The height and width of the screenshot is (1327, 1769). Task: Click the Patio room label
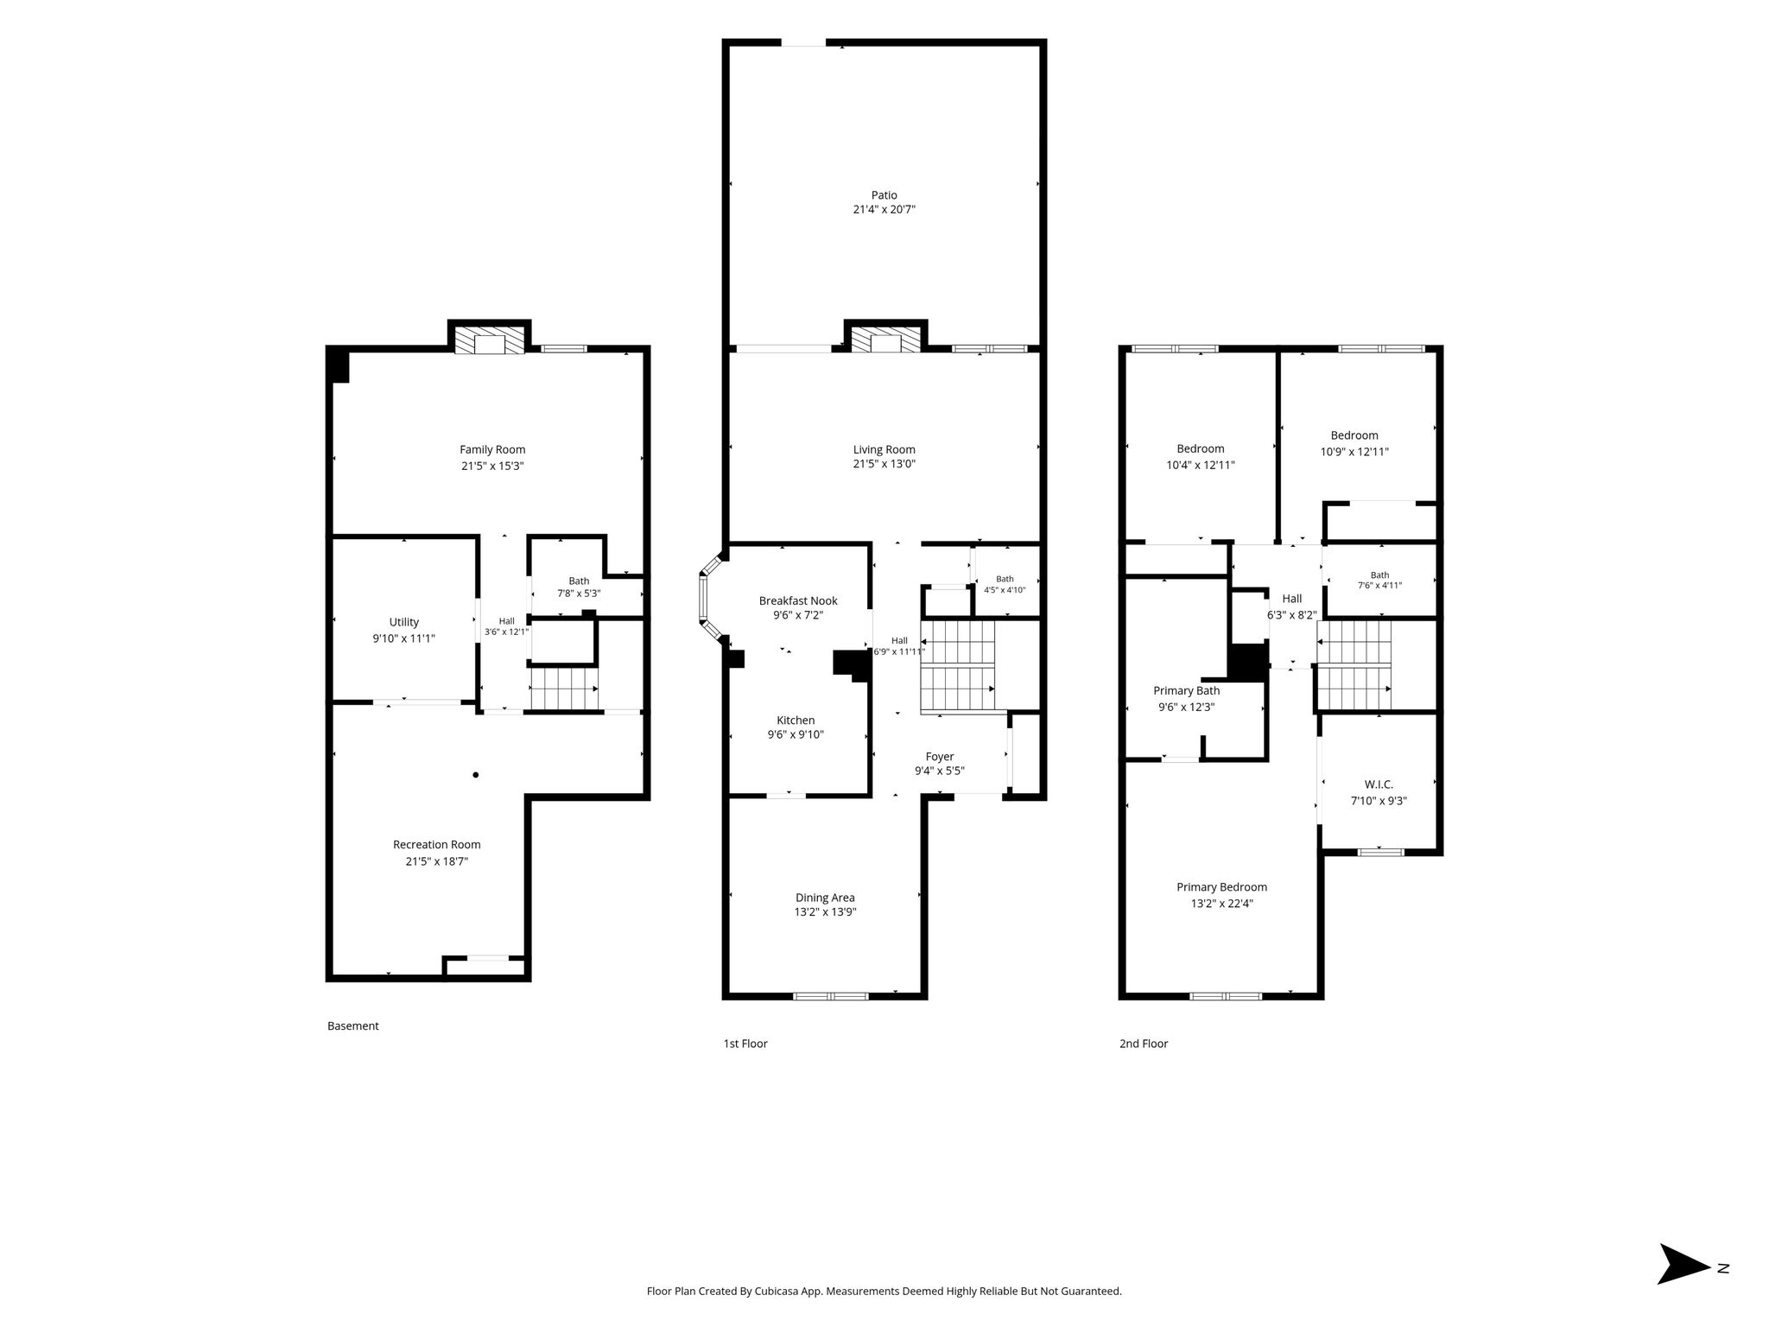click(884, 195)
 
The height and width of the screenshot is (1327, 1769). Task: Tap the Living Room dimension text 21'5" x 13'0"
click(884, 464)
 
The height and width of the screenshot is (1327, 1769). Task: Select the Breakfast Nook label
click(798, 600)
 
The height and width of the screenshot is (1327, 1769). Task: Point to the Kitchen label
click(796, 720)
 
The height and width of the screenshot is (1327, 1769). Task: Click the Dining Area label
click(825, 898)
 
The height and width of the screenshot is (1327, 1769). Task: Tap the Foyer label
click(940, 757)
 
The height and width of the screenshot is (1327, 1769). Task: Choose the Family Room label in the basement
click(492, 449)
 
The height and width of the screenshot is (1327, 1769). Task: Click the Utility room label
click(404, 622)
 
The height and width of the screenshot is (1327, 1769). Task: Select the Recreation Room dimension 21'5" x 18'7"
click(437, 861)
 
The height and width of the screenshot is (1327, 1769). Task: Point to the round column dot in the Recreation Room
click(475, 775)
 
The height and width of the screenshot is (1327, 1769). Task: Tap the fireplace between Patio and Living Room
click(885, 339)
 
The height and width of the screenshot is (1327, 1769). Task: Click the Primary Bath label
click(1187, 690)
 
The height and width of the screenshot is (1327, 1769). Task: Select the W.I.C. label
click(1379, 784)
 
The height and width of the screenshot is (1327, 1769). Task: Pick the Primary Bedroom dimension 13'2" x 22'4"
click(1221, 904)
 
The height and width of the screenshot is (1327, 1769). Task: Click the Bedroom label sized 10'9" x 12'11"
click(1354, 435)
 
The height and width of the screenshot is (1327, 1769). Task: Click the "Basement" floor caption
click(353, 1026)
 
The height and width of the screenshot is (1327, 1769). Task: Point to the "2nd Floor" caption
click(1144, 1044)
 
